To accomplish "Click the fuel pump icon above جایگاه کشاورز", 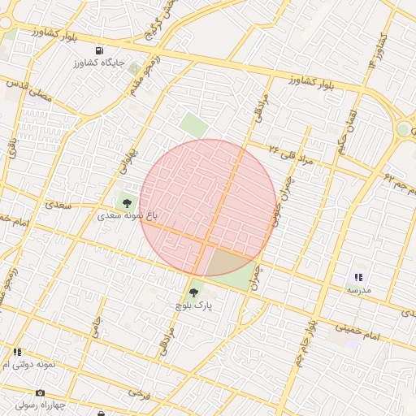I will tap(99, 50).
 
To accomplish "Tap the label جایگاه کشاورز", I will tap(100, 62).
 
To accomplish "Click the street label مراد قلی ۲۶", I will tap(290, 154).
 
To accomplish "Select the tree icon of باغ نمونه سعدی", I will tap(126, 201).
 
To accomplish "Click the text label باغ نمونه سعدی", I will tap(127, 215).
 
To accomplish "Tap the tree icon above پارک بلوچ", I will tap(193, 292).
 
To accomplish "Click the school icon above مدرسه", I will tap(358, 277).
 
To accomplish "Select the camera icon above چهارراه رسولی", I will tap(41, 392).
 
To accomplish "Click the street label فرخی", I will tap(135, 392).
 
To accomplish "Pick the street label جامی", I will tap(96, 328).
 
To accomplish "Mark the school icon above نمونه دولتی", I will tap(16, 352).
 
